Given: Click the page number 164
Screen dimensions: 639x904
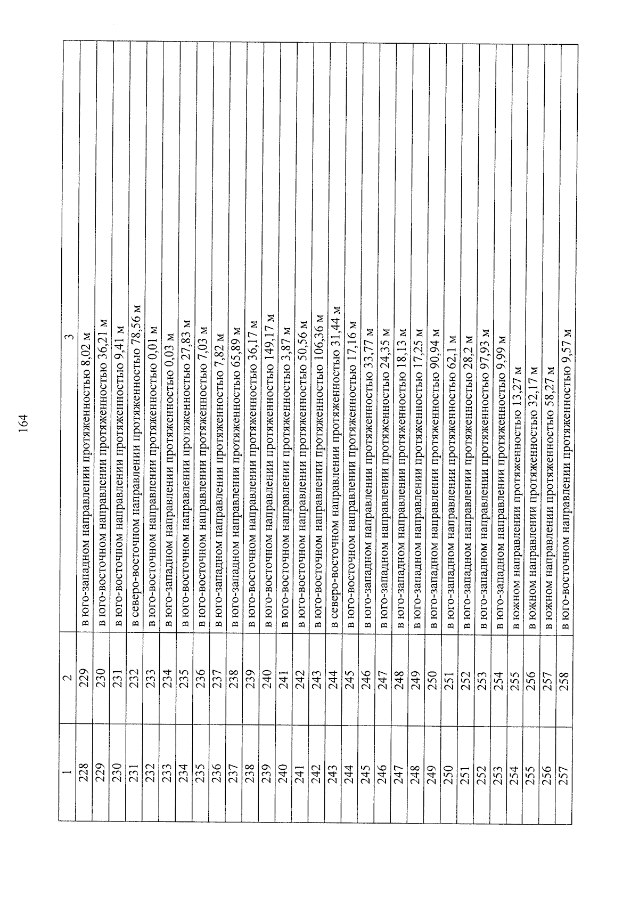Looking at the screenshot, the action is pyautogui.click(x=23, y=423).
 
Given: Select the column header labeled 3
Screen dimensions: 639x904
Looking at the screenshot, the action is pyautogui.click(x=69, y=336).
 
